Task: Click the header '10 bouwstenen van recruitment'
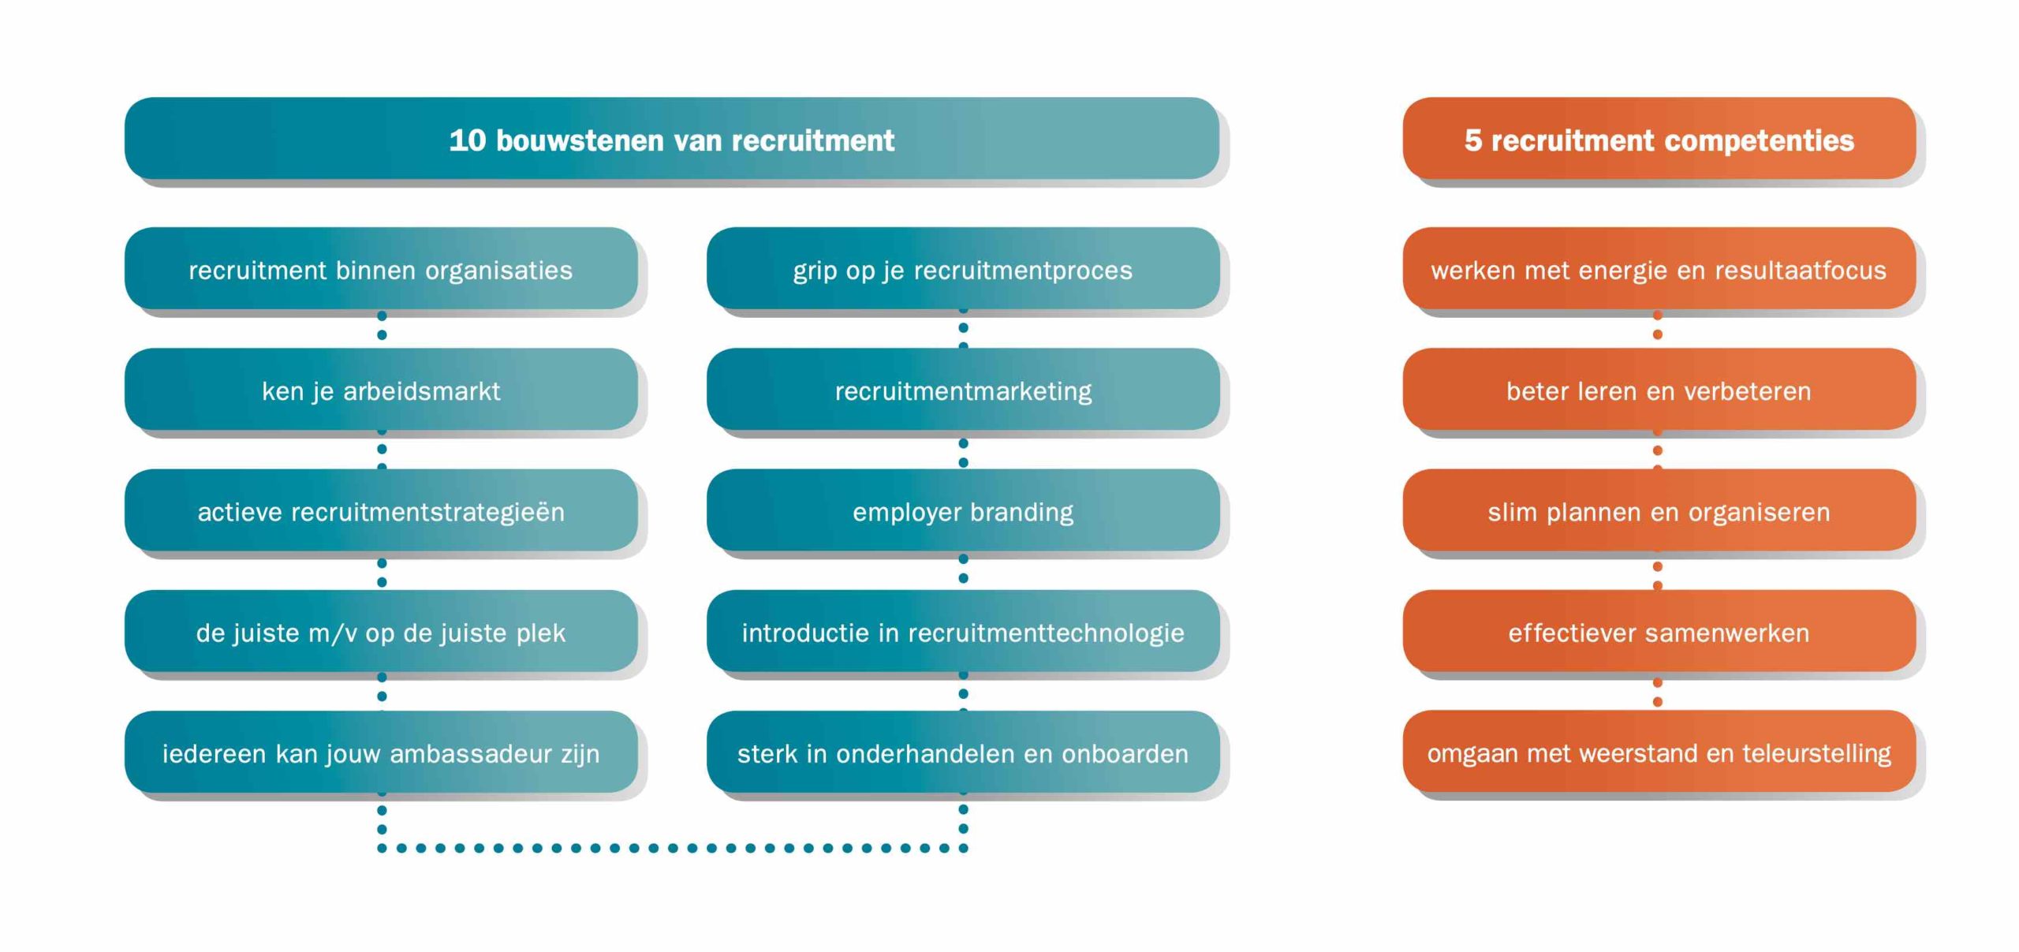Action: (x=672, y=138)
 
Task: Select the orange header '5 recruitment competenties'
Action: (x=1659, y=138)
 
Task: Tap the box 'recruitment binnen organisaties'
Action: (x=381, y=268)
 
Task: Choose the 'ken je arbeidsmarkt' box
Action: (x=381, y=389)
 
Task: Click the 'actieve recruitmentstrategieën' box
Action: (x=381, y=510)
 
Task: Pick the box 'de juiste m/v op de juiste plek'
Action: (x=381, y=631)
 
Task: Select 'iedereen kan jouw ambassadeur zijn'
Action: (x=381, y=752)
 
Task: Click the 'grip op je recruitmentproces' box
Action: (x=963, y=268)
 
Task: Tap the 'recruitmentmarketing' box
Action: (x=963, y=389)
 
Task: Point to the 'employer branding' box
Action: (x=963, y=510)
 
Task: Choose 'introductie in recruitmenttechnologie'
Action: (x=963, y=631)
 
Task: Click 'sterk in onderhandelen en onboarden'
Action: (x=963, y=752)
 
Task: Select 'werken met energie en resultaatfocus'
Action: (x=1659, y=268)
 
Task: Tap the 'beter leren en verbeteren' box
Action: (x=1659, y=389)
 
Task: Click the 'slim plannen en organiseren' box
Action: (x=1659, y=510)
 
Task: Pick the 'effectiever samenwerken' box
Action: (x=1659, y=631)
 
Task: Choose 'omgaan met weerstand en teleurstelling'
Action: (x=1659, y=752)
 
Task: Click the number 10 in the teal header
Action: (x=468, y=140)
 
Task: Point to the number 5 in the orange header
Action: (x=1473, y=140)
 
